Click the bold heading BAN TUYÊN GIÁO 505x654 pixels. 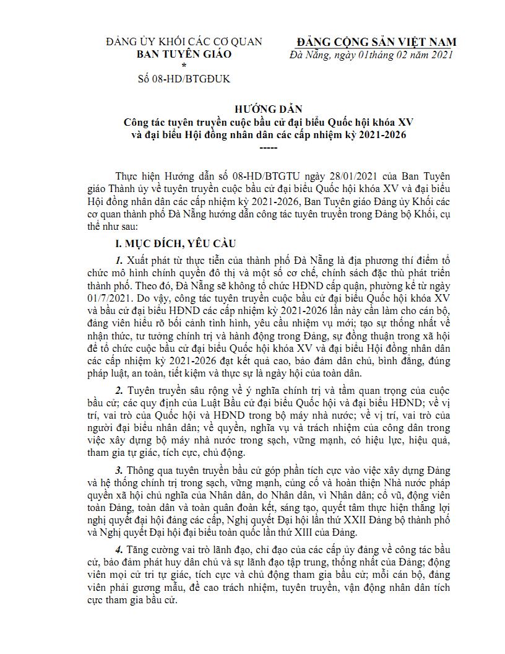(184, 54)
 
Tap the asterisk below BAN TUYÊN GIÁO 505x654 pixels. (183, 66)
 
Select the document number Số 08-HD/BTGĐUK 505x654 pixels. (183, 79)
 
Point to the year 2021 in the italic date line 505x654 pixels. (441, 54)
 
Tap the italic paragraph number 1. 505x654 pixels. (118, 259)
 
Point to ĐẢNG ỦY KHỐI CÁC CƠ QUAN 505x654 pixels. (184, 42)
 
